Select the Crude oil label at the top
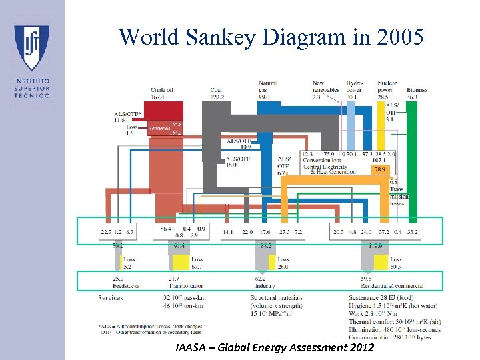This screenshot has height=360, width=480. click(162, 90)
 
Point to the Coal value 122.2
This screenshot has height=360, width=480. click(217, 97)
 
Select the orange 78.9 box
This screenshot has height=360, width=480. click(379, 170)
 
